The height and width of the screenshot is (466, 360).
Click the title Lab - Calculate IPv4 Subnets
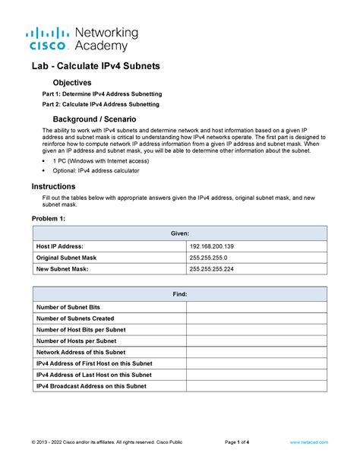coord(95,67)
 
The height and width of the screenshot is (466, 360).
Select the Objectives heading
coord(72,82)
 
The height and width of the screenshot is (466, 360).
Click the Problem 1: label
coord(49,219)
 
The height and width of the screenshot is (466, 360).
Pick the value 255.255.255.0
coord(212,258)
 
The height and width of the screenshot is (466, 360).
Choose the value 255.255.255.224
coord(216,269)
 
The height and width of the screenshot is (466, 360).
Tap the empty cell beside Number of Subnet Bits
coord(257,306)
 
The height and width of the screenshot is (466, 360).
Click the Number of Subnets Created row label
coord(75,318)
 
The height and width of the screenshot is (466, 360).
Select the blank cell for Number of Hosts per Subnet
coord(257,341)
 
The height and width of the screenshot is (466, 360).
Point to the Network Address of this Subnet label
coord(84,352)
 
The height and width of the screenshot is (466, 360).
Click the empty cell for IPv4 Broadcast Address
coord(257,386)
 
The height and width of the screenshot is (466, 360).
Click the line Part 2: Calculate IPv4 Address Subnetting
coord(101,104)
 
